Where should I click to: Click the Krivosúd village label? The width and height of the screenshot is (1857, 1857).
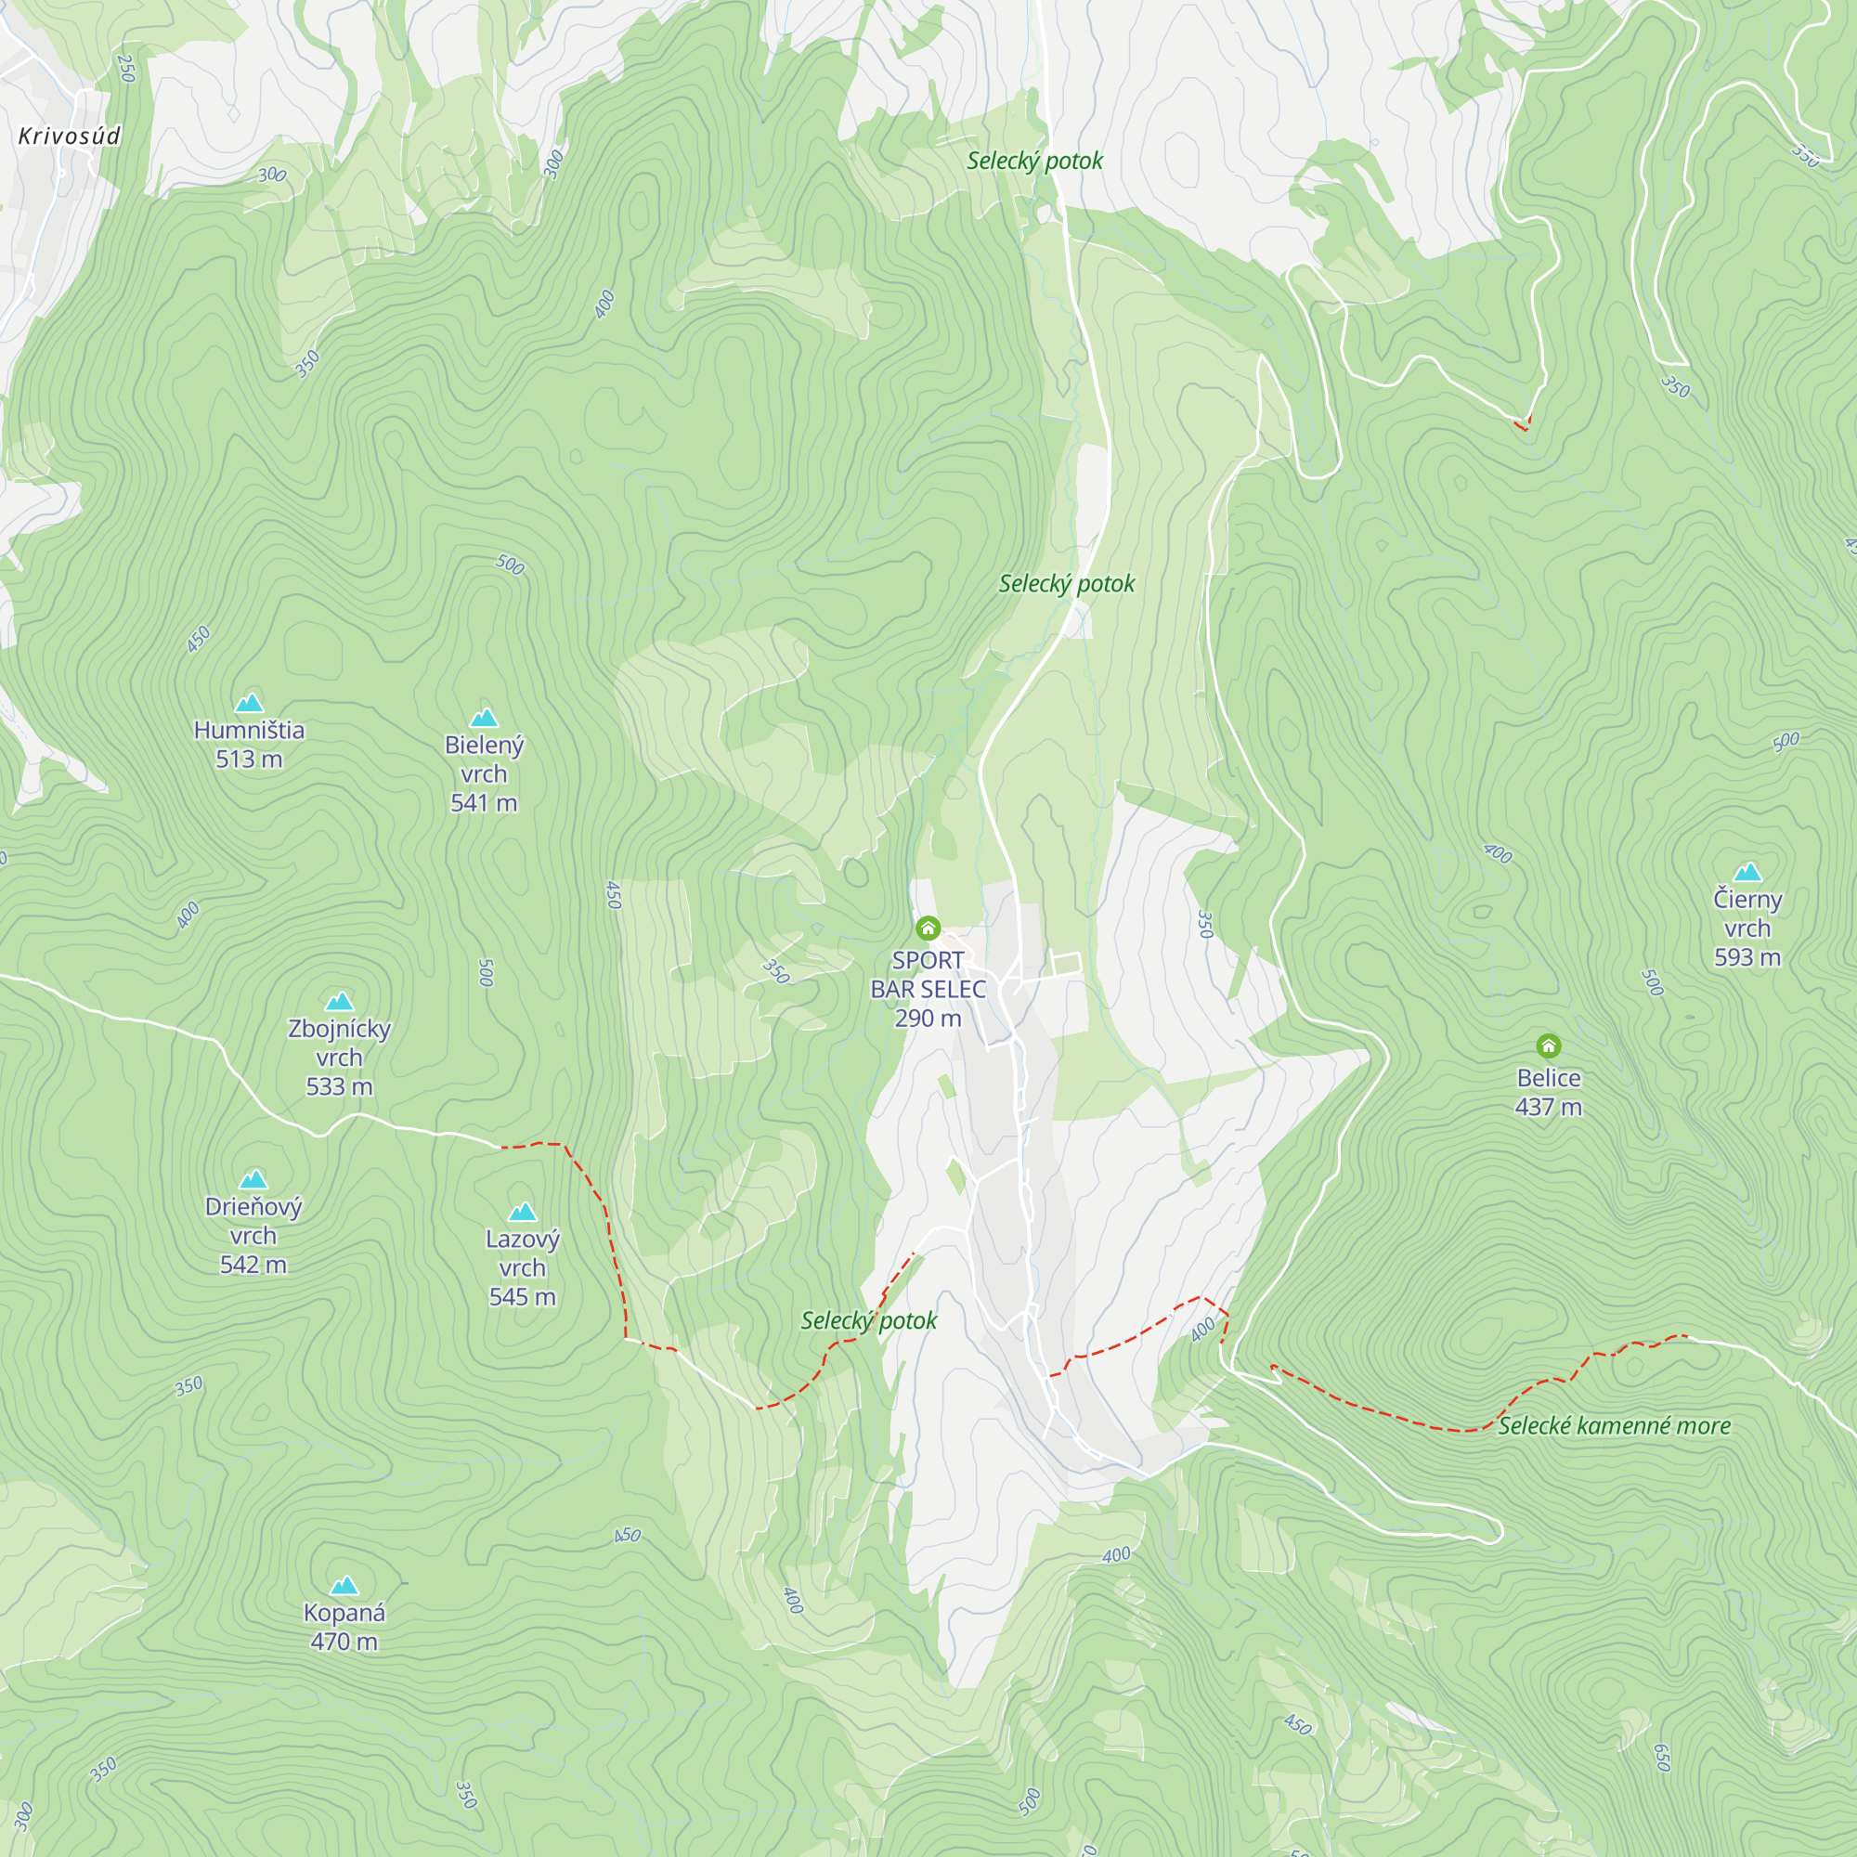(x=70, y=136)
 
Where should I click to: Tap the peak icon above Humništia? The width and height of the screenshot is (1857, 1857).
(x=249, y=703)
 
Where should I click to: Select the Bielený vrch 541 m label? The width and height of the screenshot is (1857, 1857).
(x=484, y=773)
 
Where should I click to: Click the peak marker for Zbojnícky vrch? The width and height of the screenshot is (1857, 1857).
(x=339, y=1002)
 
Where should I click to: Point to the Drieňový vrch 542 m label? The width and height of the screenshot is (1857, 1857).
(x=253, y=1235)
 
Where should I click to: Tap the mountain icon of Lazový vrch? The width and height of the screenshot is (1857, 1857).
(x=522, y=1211)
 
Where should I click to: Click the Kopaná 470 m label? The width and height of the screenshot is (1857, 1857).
(x=344, y=1627)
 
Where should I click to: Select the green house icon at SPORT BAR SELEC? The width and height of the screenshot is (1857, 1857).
(x=928, y=928)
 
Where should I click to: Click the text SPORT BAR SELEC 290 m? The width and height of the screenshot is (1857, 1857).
(x=928, y=988)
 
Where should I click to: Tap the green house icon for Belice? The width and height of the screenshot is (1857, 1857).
(x=1548, y=1045)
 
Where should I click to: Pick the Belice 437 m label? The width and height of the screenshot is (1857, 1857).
(x=1548, y=1092)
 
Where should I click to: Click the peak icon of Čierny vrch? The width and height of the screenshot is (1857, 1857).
(x=1747, y=872)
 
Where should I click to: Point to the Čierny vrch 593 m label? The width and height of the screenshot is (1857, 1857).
(x=1747, y=928)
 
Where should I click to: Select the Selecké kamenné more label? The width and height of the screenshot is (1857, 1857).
(x=1614, y=1426)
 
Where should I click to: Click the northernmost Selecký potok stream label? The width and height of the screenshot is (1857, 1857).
(x=1034, y=161)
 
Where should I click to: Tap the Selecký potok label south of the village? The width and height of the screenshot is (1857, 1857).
(x=868, y=1320)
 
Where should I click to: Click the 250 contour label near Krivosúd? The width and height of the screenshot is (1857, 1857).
(x=126, y=68)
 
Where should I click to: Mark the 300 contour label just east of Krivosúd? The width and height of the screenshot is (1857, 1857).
(x=272, y=175)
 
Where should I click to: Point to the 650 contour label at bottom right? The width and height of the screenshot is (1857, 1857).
(x=1662, y=1757)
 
